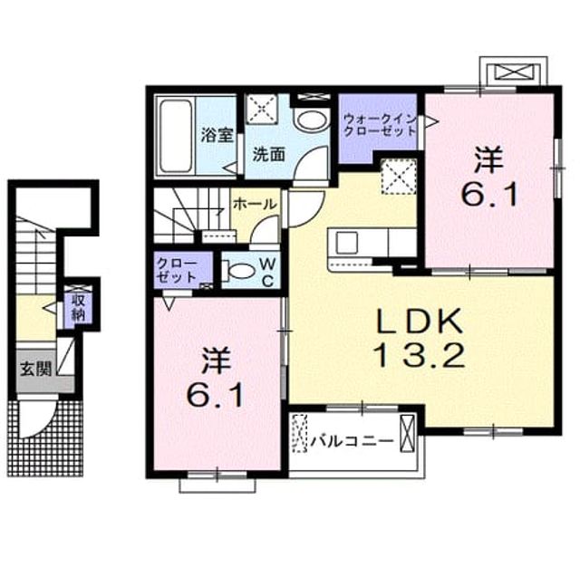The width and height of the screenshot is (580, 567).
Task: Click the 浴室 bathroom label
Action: (x=217, y=135)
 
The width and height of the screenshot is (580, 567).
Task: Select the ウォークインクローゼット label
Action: (x=380, y=125)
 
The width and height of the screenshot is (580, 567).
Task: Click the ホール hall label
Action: (x=256, y=204)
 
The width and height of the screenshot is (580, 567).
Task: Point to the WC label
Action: (x=267, y=273)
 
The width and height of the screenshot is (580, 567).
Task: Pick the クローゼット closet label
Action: (x=176, y=271)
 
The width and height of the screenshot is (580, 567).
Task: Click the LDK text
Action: (x=419, y=321)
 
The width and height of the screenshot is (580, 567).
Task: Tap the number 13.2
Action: (x=420, y=354)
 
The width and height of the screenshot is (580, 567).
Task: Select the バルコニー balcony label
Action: (x=352, y=441)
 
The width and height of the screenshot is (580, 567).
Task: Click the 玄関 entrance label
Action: (x=36, y=368)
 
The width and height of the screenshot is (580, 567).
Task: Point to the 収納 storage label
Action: (x=78, y=307)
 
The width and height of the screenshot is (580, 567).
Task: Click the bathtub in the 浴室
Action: (x=176, y=136)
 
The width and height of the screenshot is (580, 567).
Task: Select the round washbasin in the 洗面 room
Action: (x=312, y=120)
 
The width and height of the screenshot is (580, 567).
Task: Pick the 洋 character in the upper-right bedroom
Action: (x=488, y=159)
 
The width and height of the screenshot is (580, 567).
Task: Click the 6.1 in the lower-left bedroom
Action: (x=215, y=394)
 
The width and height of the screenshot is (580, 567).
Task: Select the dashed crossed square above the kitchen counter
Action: (x=399, y=177)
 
